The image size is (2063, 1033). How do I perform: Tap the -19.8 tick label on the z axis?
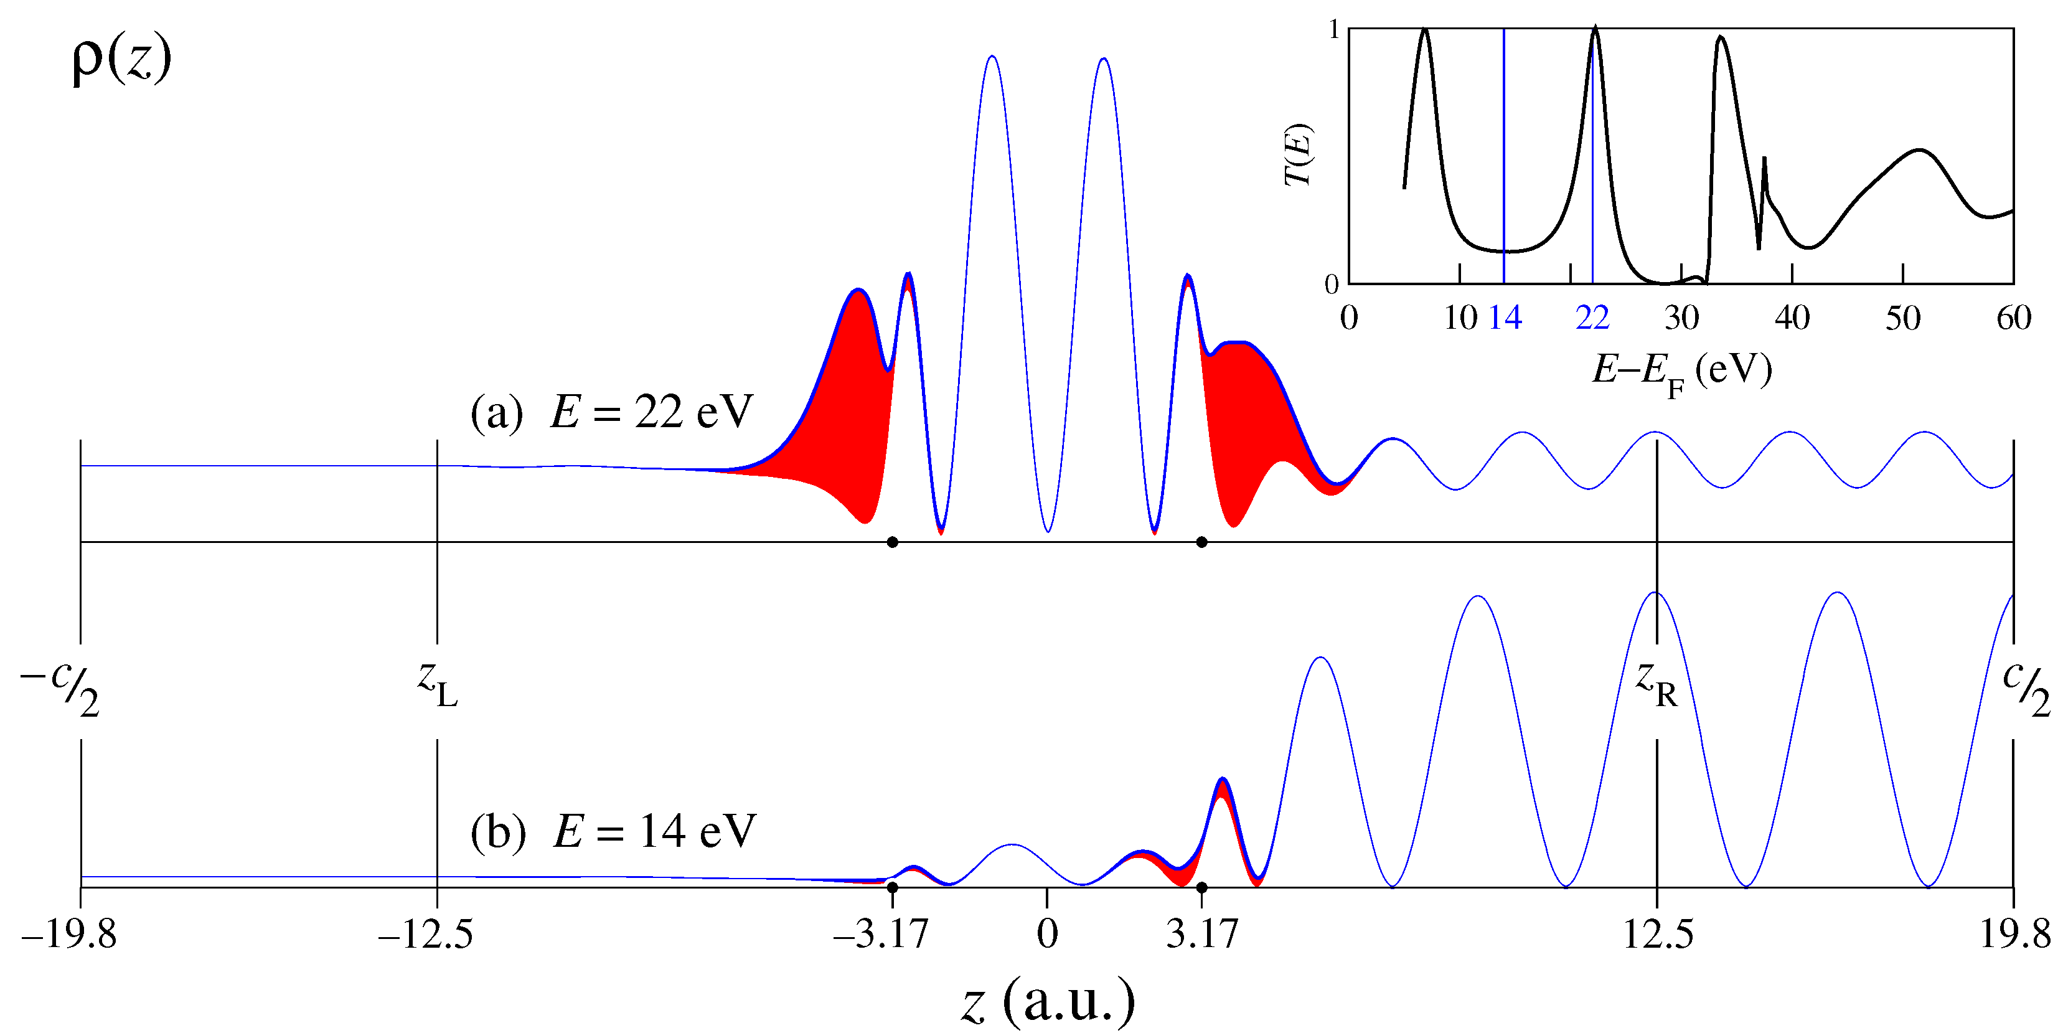(x=69, y=934)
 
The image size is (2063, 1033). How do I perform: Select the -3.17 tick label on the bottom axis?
(x=880, y=934)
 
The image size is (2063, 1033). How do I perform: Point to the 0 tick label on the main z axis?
(x=1046, y=934)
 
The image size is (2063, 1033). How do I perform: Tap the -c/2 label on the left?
(x=60, y=687)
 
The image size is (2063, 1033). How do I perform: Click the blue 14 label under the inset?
(x=1505, y=319)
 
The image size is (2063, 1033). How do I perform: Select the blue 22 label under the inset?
(x=1592, y=319)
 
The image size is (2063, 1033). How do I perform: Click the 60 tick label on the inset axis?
(x=2013, y=319)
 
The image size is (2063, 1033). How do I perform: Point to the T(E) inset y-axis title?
(x=1297, y=155)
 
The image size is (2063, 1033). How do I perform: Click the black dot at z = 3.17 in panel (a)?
(x=1201, y=542)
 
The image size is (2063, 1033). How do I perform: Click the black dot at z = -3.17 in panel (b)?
(x=892, y=887)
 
